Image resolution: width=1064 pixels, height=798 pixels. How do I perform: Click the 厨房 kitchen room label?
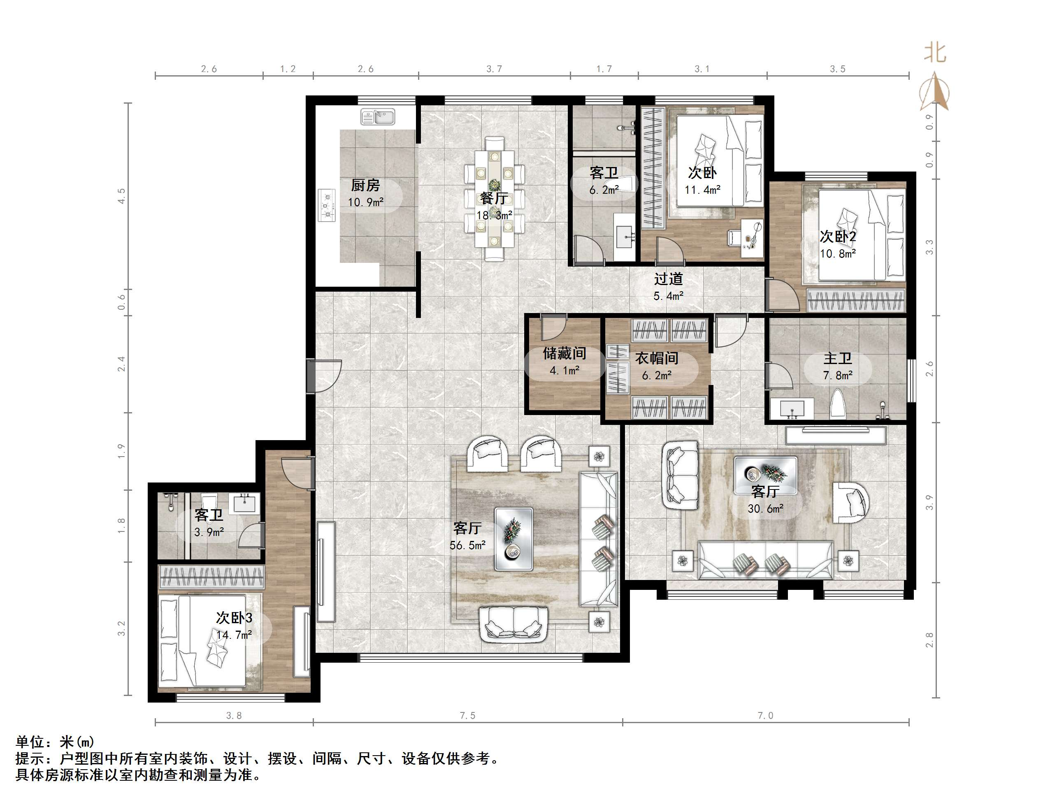click(365, 185)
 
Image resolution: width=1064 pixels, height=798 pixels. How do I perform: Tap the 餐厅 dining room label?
click(494, 198)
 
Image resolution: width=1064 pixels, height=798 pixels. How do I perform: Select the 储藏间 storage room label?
click(564, 353)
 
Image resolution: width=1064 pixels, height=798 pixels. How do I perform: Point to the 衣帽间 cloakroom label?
click(657, 358)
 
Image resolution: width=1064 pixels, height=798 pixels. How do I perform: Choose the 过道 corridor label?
click(668, 279)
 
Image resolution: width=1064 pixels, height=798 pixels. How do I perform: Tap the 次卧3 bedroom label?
click(234, 617)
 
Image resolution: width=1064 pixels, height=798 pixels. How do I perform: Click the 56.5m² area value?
click(467, 545)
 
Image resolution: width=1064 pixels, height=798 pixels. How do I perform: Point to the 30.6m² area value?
click(765, 508)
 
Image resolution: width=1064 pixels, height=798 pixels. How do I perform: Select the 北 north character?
click(935, 53)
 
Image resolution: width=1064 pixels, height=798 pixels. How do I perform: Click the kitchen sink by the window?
click(378, 117)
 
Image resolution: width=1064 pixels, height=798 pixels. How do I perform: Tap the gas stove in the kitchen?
click(327, 205)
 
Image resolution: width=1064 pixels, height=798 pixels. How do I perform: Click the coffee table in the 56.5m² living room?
click(514, 540)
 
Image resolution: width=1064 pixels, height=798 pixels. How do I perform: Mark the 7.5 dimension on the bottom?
click(467, 716)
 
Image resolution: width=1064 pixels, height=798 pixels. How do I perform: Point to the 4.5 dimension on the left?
click(121, 196)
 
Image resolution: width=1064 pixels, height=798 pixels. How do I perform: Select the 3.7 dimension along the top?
click(494, 69)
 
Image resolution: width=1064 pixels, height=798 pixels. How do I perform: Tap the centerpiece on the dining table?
click(494, 184)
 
